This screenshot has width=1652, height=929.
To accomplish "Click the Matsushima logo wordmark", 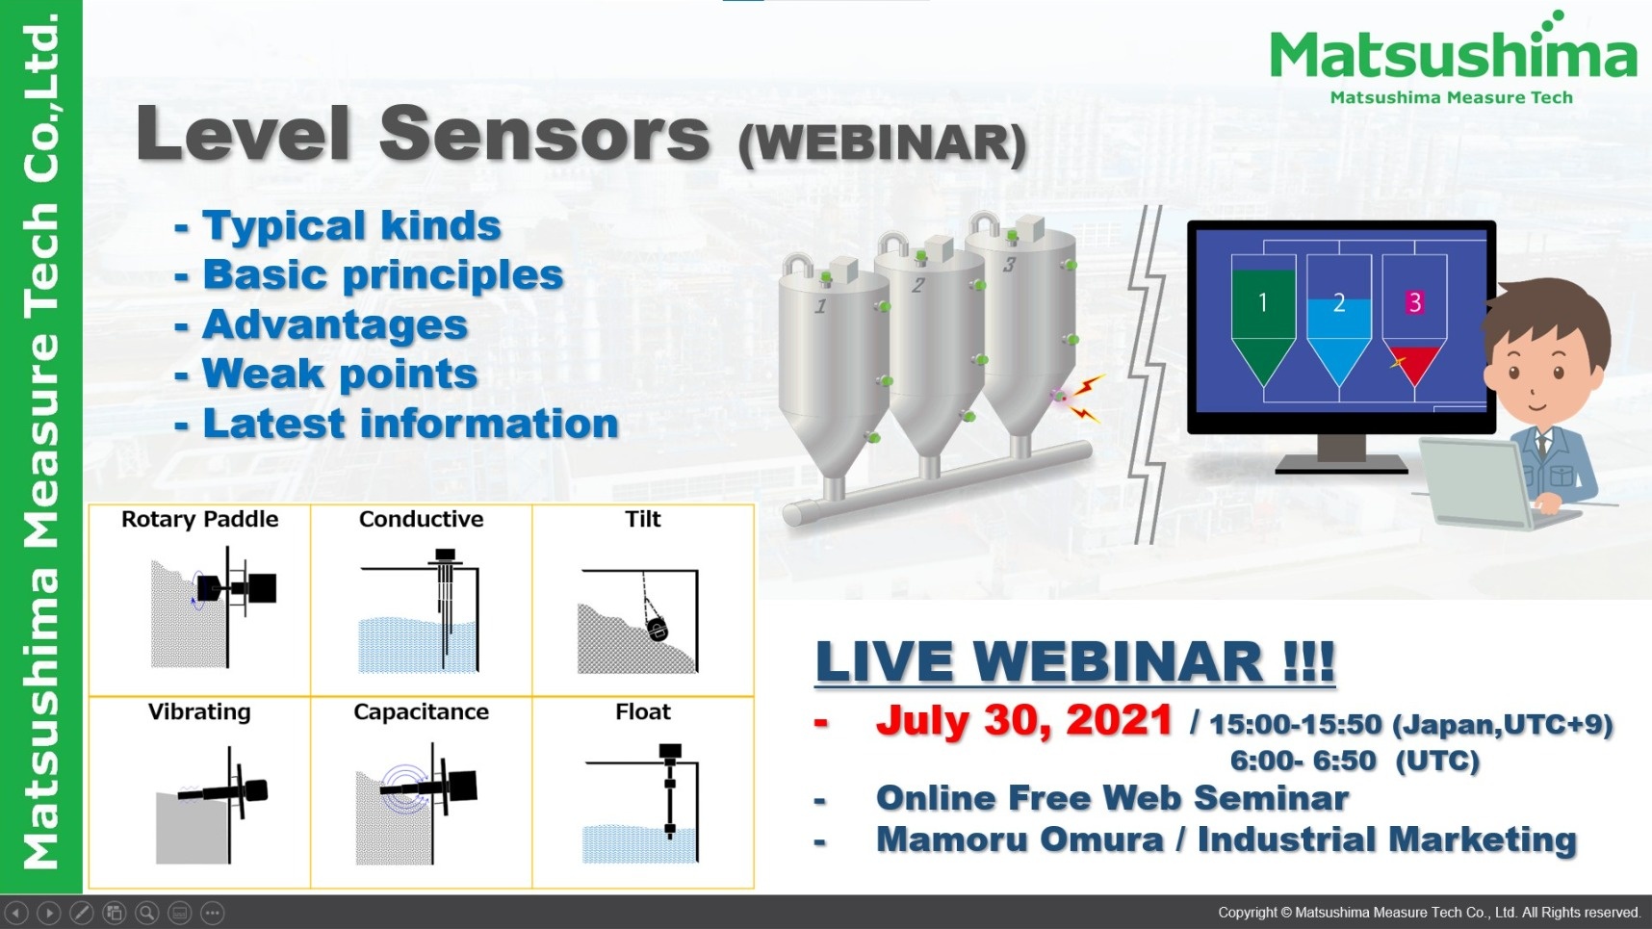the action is point(1453,54).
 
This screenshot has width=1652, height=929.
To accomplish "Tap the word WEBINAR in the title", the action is point(883,143).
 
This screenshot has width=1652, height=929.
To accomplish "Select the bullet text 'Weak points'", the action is point(340,374).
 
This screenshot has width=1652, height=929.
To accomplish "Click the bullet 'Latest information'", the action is point(410,424).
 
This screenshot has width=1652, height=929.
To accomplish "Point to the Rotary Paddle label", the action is point(199,519).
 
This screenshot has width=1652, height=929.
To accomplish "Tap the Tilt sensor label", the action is point(643,519).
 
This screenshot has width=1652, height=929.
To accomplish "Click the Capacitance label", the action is point(421,711).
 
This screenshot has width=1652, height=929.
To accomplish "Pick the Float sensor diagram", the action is point(641,803).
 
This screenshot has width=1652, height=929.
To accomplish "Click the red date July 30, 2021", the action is point(1023,720).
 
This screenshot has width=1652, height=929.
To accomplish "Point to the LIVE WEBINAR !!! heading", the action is point(1074,662).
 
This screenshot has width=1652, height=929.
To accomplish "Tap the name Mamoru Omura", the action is point(1020,839).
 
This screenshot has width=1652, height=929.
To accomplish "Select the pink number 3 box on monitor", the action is point(1414,302).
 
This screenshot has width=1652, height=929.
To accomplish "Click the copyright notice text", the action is point(1429,913).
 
